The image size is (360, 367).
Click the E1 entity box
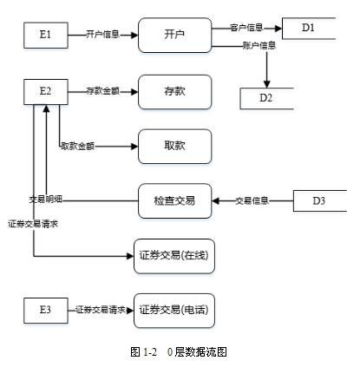pyautogui.click(x=46, y=36)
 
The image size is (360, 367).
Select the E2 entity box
pyautogui.click(x=46, y=90)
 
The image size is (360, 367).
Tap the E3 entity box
pyautogui.click(x=46, y=308)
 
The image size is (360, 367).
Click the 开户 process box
pyautogui.click(x=174, y=36)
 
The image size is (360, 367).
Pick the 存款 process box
pyautogui.click(x=174, y=90)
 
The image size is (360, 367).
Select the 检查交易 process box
pyautogui.click(x=174, y=201)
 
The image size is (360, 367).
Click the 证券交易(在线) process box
pyautogui.click(x=174, y=256)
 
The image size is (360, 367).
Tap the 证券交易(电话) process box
pyautogui.click(x=173, y=309)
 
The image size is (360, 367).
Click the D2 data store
pyautogui.click(x=267, y=96)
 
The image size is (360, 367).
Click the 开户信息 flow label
pyautogui.click(x=102, y=36)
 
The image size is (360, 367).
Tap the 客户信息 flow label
pyautogui.click(x=247, y=28)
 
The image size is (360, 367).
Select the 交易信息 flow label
pyautogui.click(x=252, y=201)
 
